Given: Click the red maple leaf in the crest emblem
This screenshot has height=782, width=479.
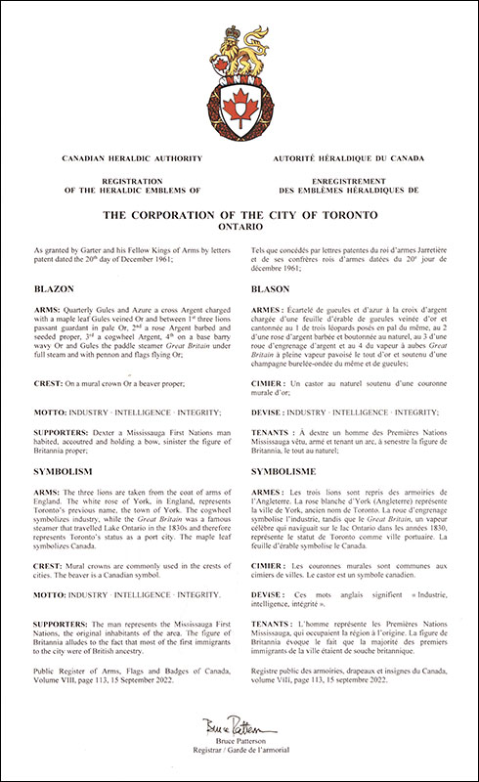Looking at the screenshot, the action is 239,101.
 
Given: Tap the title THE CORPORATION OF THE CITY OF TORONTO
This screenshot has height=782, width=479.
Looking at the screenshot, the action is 239,210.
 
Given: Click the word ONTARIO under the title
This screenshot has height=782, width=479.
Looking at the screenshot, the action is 239,224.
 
